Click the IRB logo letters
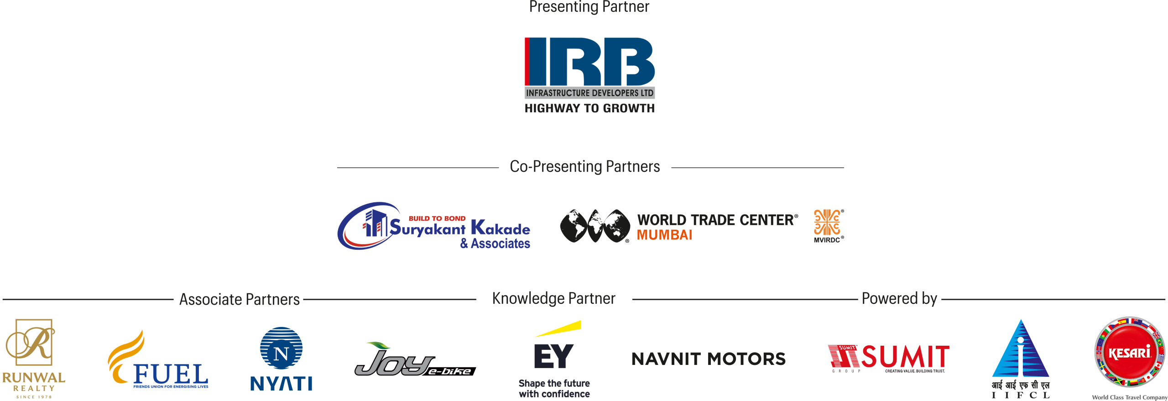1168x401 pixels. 589,61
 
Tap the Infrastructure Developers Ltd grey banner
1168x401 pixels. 589,93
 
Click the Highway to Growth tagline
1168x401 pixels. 589,108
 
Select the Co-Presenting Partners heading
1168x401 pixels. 584,167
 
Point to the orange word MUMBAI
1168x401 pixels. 664,235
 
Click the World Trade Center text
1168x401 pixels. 717,220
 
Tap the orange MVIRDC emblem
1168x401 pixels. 827,222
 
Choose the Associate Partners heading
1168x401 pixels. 239,300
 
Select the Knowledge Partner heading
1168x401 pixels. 553,299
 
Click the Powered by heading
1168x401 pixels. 899,299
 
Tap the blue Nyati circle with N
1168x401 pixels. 281,348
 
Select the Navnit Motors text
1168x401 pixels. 708,359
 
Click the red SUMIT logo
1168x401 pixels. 888,357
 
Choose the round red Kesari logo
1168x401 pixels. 1129,352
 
